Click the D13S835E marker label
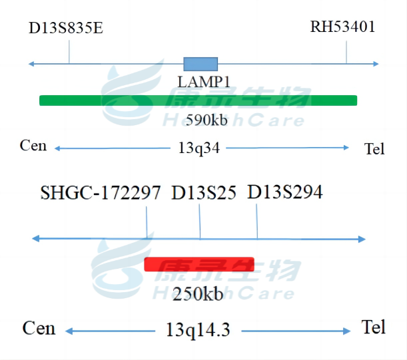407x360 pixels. click(x=65, y=29)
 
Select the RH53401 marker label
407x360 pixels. click(x=342, y=27)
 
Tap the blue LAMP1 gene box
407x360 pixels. click(x=201, y=64)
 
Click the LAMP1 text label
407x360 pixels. click(x=204, y=81)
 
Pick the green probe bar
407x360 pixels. click(x=198, y=100)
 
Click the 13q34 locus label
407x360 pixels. click(x=199, y=148)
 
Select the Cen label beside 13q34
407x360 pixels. click(x=33, y=146)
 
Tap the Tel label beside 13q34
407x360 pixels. click(x=374, y=148)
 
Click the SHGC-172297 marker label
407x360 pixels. click(x=101, y=193)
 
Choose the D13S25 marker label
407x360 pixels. click(x=204, y=193)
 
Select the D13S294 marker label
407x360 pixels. click(x=285, y=192)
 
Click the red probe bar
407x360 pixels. click(x=199, y=264)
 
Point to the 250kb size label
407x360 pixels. click(x=198, y=293)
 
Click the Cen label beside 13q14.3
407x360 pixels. click(x=39, y=328)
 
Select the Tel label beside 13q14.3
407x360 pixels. click(x=374, y=327)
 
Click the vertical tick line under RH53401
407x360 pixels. click(x=346, y=52)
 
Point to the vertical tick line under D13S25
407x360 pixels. click(x=200, y=222)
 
